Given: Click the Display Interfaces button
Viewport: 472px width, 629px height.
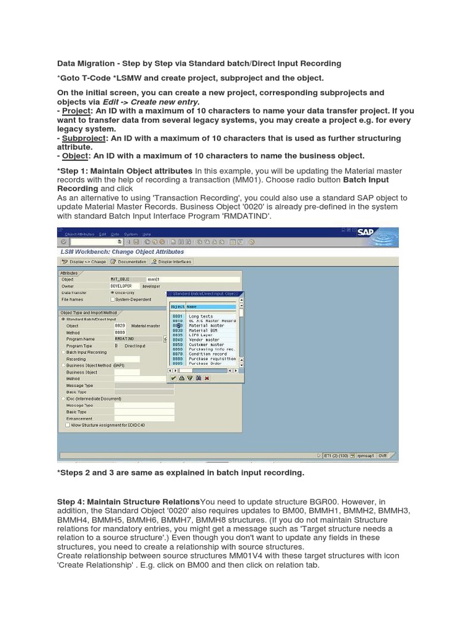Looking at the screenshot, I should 171,262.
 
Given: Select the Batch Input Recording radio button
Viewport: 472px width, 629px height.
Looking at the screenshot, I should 63,353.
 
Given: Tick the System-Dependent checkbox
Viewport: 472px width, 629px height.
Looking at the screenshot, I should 112,300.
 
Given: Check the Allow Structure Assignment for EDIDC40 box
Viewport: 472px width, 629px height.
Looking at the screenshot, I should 68,424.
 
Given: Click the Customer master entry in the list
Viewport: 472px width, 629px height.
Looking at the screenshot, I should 206,345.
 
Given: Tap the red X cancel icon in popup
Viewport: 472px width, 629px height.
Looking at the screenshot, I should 207,378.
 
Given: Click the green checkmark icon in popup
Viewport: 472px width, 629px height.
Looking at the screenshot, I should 174,378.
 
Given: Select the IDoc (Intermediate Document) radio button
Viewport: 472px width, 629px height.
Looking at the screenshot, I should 63,399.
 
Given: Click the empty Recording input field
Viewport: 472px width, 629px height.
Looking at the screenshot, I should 127,359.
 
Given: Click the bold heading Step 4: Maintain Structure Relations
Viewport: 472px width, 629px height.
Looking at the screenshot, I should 128,502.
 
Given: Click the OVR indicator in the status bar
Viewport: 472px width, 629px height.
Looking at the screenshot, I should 383,455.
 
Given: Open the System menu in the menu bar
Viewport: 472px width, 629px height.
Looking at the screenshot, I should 130,234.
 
